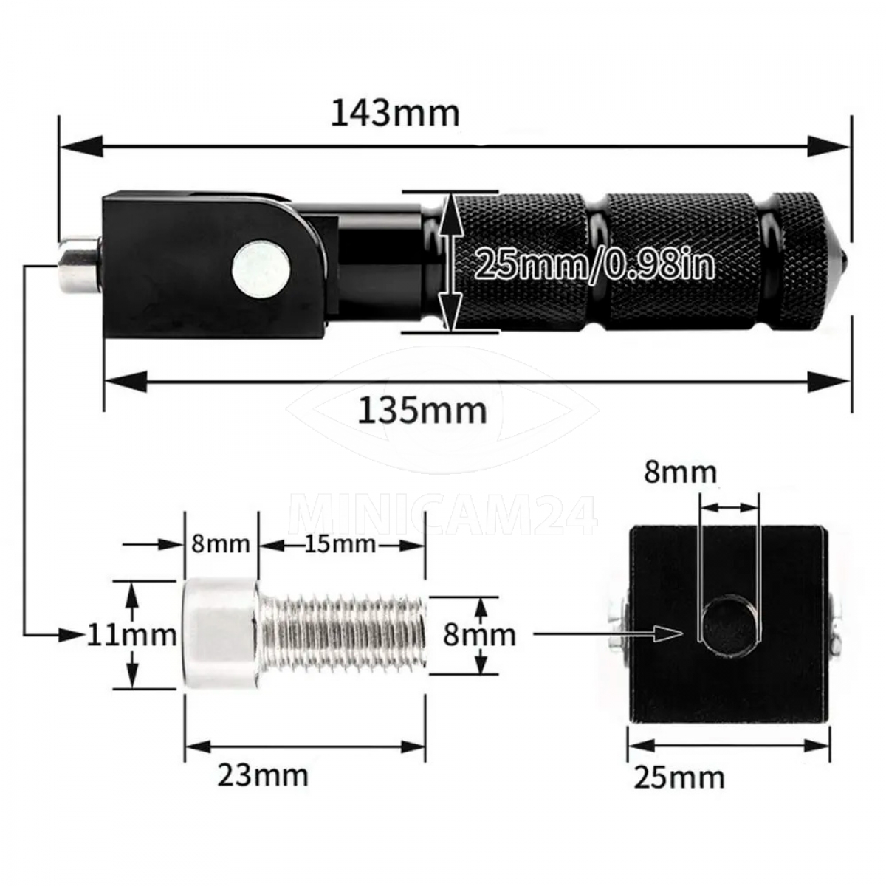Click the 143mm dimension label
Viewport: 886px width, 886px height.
click(x=396, y=114)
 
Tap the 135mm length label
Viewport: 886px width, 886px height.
click(x=422, y=411)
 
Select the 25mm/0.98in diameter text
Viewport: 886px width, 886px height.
click(x=594, y=264)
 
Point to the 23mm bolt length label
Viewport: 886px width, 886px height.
click(x=263, y=773)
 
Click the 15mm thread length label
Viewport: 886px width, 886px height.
click(x=340, y=545)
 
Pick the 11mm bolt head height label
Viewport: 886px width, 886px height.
click(x=132, y=636)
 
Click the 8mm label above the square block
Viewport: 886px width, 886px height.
click(x=681, y=473)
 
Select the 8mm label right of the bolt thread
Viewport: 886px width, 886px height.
click(x=480, y=635)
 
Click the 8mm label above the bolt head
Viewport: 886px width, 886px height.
click(x=221, y=545)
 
